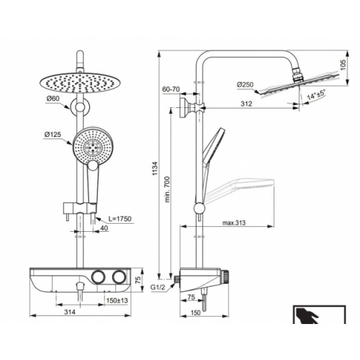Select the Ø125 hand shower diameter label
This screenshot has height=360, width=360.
54,134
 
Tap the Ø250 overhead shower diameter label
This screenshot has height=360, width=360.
245,85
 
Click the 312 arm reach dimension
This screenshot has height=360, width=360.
247,105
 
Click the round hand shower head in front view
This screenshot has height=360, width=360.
92,145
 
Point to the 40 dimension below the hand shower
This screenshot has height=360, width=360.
104,229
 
